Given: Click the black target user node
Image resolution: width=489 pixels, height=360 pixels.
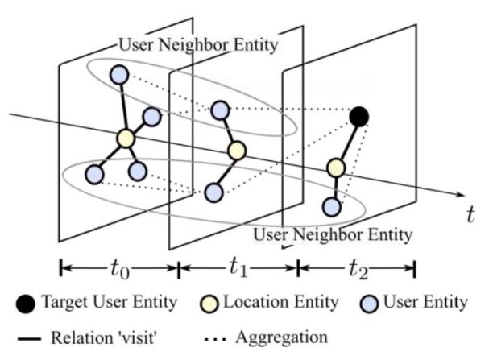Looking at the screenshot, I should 359,117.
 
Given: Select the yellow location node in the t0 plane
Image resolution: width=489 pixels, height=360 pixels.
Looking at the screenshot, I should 125,139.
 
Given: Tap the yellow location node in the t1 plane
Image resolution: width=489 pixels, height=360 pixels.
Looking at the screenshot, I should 236,151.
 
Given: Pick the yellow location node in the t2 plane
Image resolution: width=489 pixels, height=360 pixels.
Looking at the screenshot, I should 335,168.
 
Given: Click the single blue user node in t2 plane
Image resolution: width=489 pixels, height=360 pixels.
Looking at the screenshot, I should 331,206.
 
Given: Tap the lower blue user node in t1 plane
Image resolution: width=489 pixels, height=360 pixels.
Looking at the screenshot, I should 213,192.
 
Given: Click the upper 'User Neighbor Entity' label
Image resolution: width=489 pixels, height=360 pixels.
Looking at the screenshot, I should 197,46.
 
